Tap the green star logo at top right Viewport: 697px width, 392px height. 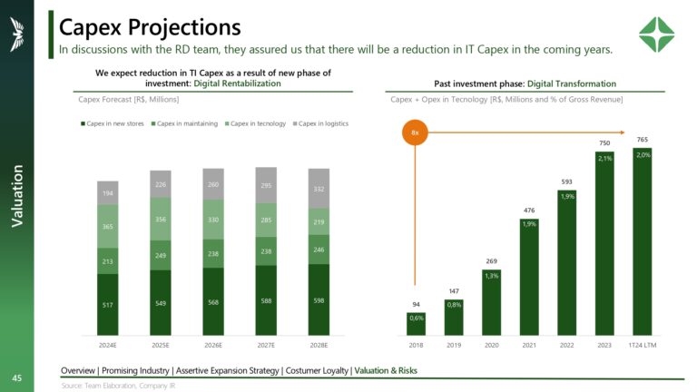point(656,36)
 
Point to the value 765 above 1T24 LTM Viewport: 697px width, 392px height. point(643,139)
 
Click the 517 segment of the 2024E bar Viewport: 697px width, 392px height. point(108,305)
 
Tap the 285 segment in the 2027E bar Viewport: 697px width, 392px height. point(267,220)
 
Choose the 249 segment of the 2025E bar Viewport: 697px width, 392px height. point(161,256)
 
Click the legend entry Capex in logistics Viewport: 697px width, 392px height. point(323,123)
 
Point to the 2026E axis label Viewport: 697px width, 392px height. point(213,346)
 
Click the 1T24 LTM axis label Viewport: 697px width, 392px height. point(643,346)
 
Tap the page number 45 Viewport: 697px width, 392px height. point(16,377)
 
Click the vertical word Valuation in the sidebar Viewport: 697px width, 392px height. point(17,196)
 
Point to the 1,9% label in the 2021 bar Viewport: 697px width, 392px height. point(529,224)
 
